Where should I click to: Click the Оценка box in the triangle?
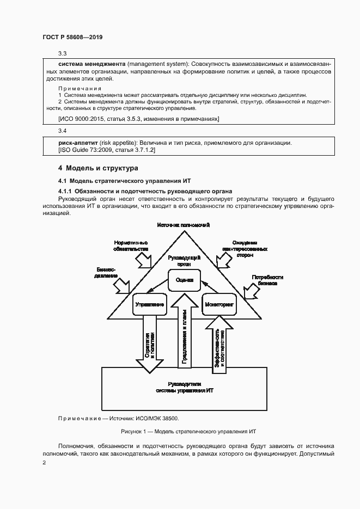[184, 280]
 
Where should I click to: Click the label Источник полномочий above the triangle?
[184, 225]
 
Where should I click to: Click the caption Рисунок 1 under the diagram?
[185, 431]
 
